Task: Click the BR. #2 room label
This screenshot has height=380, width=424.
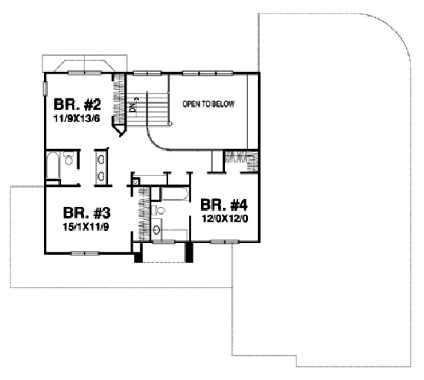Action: pos(78,105)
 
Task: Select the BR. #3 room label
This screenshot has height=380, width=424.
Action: pos(87,213)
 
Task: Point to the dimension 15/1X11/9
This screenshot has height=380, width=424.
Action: pos(87,226)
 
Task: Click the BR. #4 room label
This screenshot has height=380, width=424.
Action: pos(223,204)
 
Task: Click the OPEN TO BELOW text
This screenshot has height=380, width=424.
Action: pos(209,105)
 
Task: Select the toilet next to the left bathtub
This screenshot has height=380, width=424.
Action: pos(69,160)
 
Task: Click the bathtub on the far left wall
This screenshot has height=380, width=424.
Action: pos(52,165)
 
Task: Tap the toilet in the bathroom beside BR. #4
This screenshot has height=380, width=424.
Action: pos(159,210)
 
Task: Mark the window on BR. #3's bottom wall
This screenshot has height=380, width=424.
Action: pos(85,252)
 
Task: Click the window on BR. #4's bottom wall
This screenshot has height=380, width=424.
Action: pos(224,243)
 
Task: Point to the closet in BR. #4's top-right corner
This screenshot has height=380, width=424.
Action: pos(240,161)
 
